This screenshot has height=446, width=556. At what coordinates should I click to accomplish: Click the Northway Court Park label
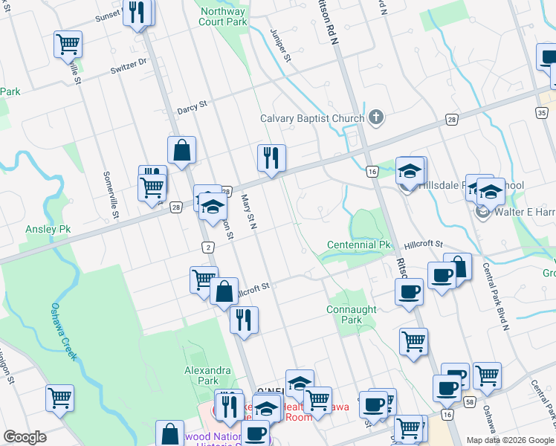click(x=223, y=17)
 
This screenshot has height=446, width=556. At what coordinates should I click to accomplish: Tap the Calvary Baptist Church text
click(x=311, y=118)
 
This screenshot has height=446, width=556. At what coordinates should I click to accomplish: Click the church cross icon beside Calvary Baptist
click(x=377, y=117)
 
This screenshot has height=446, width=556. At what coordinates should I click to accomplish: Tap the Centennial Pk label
click(x=358, y=245)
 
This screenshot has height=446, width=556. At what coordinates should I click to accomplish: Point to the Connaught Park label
click(x=352, y=314)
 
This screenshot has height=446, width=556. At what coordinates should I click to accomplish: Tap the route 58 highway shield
click(x=470, y=401)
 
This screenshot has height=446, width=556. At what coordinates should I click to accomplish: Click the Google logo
click(x=25, y=437)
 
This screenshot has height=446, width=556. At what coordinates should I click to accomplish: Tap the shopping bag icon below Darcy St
click(x=181, y=152)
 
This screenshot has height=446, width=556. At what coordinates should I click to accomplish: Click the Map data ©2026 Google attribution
click(x=509, y=440)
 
